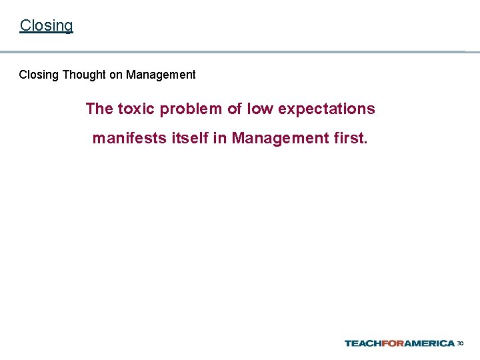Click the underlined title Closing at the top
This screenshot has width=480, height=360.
point(46,25)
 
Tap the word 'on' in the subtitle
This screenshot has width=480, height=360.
point(116,75)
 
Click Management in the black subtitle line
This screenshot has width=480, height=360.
point(161,75)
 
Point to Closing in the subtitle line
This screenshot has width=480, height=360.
point(39,75)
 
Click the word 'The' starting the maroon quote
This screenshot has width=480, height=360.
point(99,109)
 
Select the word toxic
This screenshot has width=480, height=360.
point(137,109)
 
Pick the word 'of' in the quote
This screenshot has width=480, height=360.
point(235,109)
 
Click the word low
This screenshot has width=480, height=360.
point(260,109)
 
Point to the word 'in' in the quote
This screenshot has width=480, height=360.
point(219,139)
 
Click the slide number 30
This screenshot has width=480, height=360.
point(460,343)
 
